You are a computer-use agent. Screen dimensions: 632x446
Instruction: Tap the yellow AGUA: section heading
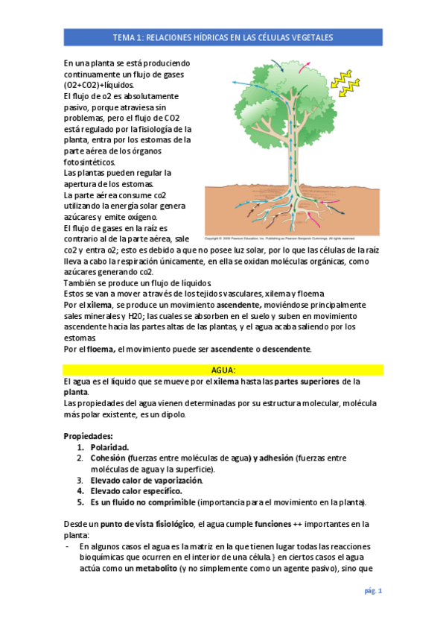pos(223,370)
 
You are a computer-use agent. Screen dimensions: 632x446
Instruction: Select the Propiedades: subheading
pos(89,435)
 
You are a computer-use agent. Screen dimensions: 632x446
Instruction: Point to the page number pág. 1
pos(372,592)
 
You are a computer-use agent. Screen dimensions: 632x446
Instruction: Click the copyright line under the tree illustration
pos(290,238)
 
